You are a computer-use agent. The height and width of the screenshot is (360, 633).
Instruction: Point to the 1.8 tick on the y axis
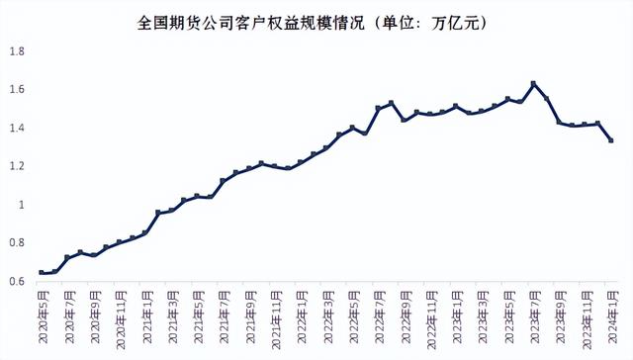pos(18,51)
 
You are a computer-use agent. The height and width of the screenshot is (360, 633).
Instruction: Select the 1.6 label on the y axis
pos(18,90)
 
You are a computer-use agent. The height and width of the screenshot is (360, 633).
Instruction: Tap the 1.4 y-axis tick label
pos(18,129)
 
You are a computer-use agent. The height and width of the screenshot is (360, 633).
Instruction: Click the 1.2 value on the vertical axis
pos(18,166)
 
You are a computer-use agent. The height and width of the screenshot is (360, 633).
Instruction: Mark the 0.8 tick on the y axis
pos(18,243)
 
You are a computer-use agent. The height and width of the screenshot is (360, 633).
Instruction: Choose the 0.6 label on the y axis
pos(18,282)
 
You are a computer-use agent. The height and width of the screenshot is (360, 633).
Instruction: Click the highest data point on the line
pos(534,83)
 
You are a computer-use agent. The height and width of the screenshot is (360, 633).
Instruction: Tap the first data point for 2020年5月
pos(42,272)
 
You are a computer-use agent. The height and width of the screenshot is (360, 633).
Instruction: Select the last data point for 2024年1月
pos(611,140)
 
